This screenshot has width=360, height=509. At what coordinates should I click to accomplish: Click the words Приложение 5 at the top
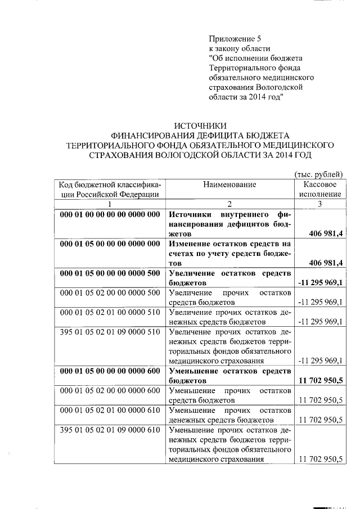pos(235,39)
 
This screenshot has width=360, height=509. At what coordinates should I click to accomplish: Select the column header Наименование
pos(229,184)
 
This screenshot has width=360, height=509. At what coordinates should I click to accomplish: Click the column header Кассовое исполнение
pos(319,189)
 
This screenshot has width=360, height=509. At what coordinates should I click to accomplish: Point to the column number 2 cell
pos(229,204)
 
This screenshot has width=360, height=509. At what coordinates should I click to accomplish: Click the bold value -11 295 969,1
pos(320,282)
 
